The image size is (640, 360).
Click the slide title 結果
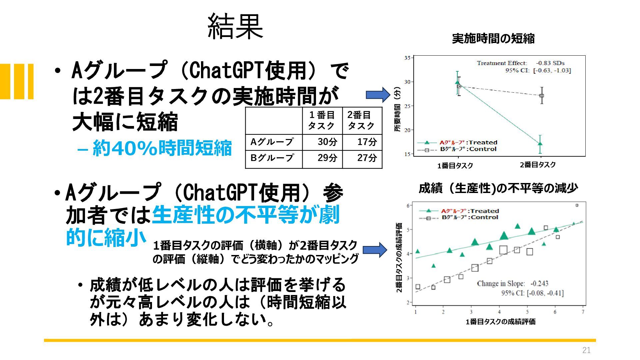[x=235, y=27]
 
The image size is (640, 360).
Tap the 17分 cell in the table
[x=367, y=142]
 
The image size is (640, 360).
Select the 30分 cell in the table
[x=327, y=142]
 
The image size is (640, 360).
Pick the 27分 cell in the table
[x=367, y=158]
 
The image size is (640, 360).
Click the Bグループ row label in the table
[x=272, y=158]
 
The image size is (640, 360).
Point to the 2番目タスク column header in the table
[x=361, y=120]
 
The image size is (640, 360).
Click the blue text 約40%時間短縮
[x=154, y=148]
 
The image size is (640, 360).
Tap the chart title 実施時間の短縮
[x=493, y=39]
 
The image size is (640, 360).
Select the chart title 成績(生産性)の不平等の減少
[x=498, y=188]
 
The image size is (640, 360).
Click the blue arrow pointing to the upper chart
[x=378, y=95]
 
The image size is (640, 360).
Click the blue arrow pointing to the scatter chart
[x=375, y=250]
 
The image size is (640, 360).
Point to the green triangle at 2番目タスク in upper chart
[x=540, y=144]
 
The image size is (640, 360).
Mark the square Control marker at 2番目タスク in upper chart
[x=542, y=96]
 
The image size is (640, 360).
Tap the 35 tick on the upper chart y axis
[x=407, y=58]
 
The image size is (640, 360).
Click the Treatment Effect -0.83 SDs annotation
[x=521, y=63]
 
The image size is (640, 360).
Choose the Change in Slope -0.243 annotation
[x=513, y=283]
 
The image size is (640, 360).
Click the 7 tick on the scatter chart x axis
[x=583, y=312]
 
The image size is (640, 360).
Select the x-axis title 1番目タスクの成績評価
[x=501, y=322]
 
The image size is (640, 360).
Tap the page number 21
[x=586, y=350]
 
